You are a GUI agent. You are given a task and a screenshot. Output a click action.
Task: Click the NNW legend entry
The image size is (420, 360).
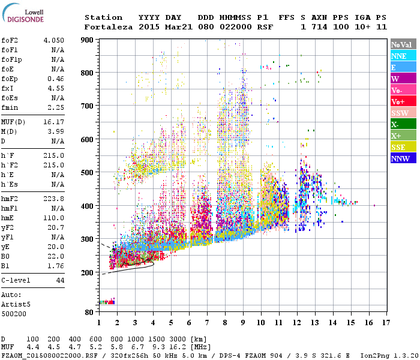(x=402, y=158)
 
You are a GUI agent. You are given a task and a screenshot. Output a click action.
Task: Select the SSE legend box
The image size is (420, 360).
(x=402, y=147)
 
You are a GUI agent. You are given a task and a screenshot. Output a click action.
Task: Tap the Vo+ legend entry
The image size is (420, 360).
(x=402, y=101)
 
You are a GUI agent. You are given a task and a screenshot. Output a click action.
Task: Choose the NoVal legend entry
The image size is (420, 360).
(x=402, y=44)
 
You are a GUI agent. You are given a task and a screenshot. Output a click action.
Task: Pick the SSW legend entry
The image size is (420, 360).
(x=402, y=113)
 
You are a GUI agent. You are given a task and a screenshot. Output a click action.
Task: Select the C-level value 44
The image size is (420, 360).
(x=60, y=280)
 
